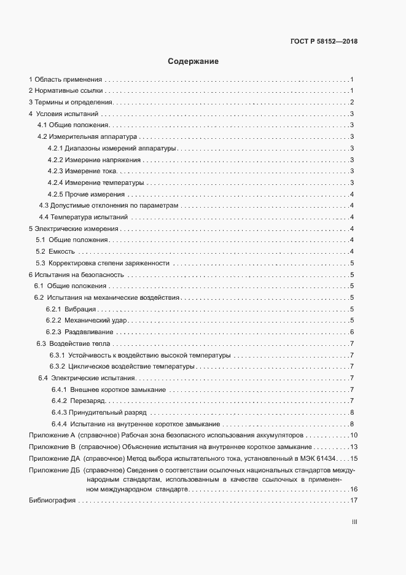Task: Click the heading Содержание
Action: pyautogui.click(x=193, y=61)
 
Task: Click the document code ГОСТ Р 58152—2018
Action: pyautogui.click(x=323, y=42)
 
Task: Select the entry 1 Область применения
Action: pyautogui.click(x=66, y=79)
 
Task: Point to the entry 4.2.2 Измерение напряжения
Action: pyautogui.click(x=94, y=160)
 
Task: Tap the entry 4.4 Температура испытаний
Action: pyautogui.click(x=83, y=217)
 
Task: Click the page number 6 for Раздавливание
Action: pyautogui.click(x=351, y=332)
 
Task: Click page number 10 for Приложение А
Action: pyautogui.click(x=354, y=436)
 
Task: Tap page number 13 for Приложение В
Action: pyautogui.click(x=354, y=447)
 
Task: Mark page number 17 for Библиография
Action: pyautogui.click(x=354, y=501)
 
